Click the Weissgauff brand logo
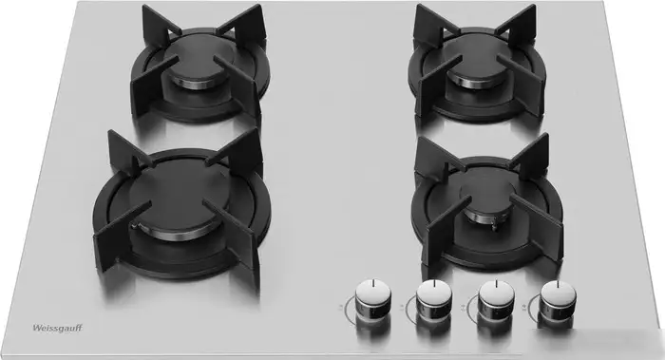pyautogui.click(x=58, y=328)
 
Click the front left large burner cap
pyautogui.click(x=179, y=199)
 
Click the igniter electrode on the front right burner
pyautogui.click(x=495, y=225)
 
